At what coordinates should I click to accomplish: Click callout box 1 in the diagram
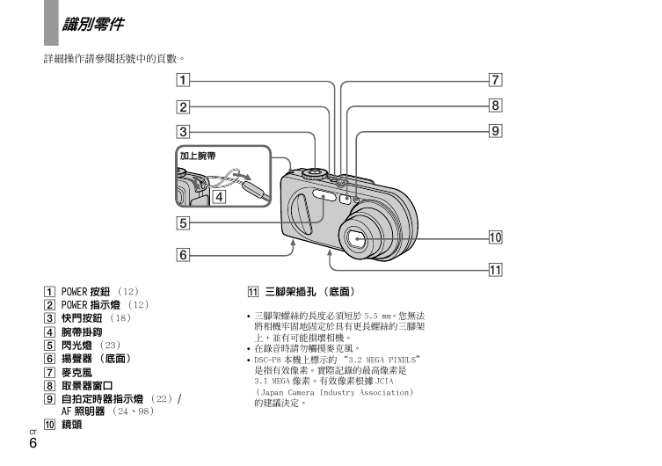[183, 80]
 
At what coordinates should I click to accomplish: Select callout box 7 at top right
[496, 80]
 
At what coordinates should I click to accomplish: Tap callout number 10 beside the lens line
[496, 237]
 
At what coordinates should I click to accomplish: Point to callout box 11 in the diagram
[496, 270]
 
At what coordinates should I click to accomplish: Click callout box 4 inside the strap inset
[219, 197]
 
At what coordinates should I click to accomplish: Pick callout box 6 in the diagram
[183, 255]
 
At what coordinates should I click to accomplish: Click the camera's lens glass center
[357, 239]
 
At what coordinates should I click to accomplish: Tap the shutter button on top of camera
[314, 171]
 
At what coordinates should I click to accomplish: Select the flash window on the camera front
[324, 195]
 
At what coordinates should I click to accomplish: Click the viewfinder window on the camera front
[345, 200]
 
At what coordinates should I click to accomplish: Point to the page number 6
[33, 443]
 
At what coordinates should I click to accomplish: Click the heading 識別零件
[93, 24]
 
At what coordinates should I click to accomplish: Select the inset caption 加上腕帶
[198, 156]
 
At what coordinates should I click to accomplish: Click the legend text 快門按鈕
[82, 318]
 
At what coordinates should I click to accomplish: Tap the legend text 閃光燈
[76, 346]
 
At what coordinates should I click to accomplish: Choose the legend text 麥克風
[76, 373]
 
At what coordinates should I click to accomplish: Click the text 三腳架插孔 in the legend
[290, 292]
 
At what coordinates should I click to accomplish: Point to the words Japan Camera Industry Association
[336, 392]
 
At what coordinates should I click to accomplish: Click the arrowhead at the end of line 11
[330, 252]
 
